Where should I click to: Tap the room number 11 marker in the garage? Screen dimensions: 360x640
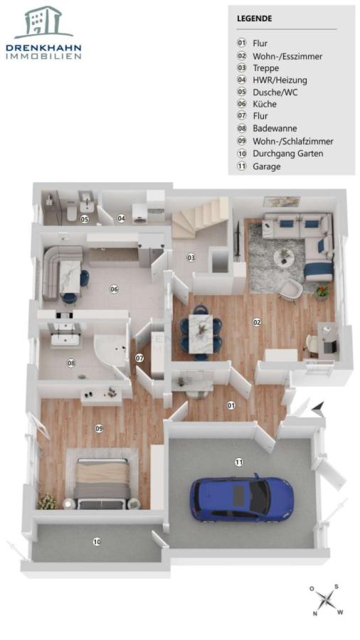click(239, 462)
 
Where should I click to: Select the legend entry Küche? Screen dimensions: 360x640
click(265, 104)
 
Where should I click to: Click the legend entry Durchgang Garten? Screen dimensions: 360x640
click(287, 154)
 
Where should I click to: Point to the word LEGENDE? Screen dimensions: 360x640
click(254, 18)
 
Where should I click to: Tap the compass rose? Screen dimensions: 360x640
click(326, 599)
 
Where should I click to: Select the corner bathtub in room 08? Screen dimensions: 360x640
click(110, 350)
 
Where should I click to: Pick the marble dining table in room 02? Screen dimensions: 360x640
click(201, 334)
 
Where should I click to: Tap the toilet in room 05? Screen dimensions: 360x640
click(72, 213)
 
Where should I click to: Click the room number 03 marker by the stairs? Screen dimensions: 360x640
click(191, 257)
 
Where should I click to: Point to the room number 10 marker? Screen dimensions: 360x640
click(97, 542)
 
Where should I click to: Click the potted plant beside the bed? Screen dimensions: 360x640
click(48, 501)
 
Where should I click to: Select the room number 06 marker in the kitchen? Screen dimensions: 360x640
click(114, 289)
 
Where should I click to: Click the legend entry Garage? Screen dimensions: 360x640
click(267, 166)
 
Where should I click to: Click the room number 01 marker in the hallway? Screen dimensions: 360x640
click(231, 405)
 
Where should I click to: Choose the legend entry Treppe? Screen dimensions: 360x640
click(265, 68)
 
